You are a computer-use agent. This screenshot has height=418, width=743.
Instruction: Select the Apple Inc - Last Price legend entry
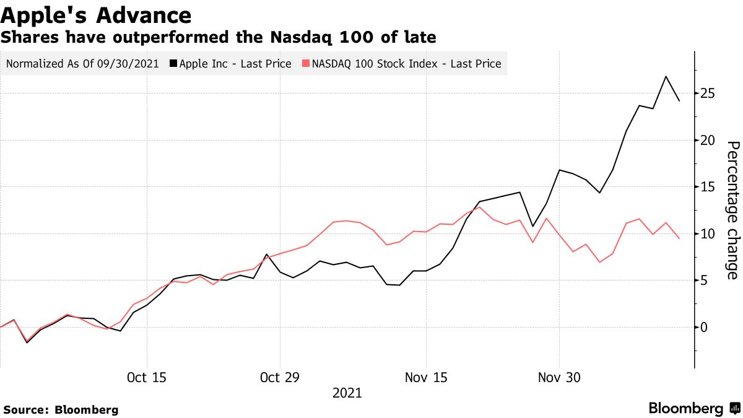click(235, 64)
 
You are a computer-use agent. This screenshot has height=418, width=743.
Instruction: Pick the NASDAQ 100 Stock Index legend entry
click(406, 64)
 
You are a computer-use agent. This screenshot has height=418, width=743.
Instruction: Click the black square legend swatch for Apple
click(174, 64)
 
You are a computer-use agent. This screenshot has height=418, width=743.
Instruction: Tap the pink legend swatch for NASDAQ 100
click(306, 64)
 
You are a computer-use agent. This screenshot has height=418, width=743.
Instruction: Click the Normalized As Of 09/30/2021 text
click(82, 64)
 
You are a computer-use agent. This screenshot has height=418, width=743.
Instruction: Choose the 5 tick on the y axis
click(705, 281)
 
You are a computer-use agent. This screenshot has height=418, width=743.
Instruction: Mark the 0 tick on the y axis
click(705, 328)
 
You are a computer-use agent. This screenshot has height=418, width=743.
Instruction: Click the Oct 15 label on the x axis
click(146, 377)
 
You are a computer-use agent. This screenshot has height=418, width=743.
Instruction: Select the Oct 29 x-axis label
click(280, 377)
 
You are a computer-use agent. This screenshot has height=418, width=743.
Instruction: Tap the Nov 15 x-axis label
click(426, 377)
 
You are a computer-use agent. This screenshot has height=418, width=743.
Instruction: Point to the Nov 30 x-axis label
click(560, 377)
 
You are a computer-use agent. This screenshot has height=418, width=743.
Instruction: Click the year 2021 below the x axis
click(347, 393)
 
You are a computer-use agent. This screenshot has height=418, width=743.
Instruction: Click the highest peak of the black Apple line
click(666, 77)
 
